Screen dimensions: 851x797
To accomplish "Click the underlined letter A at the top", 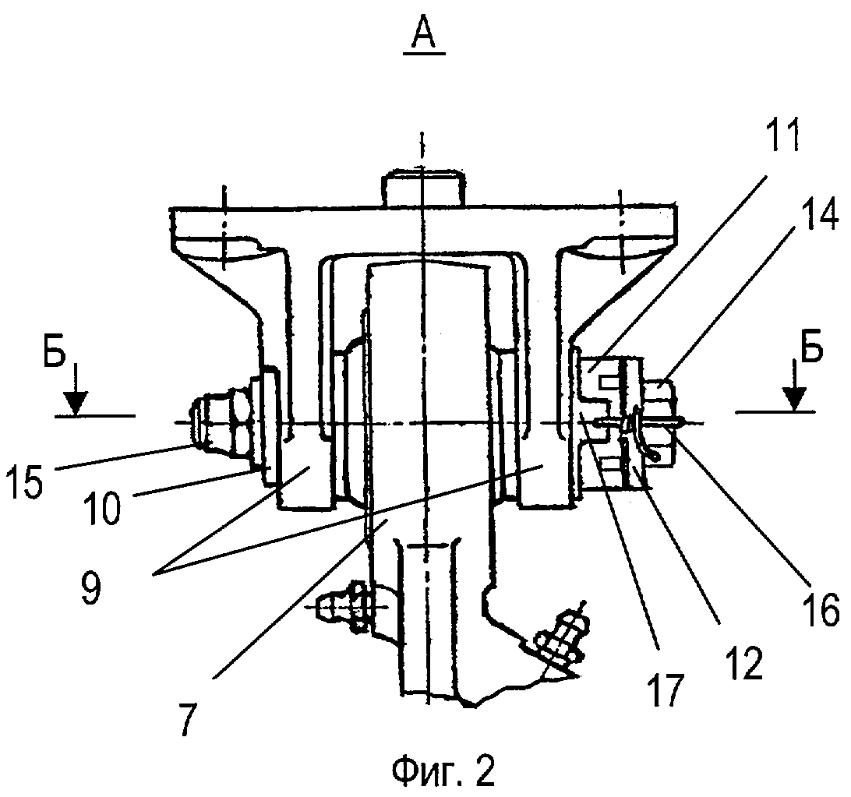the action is [423, 34].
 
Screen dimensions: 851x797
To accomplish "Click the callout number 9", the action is [92, 588].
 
